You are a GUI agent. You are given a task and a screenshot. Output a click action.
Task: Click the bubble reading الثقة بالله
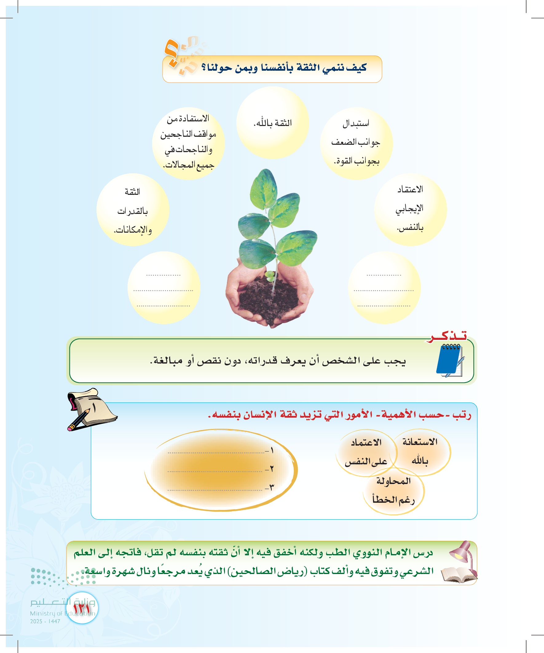273,123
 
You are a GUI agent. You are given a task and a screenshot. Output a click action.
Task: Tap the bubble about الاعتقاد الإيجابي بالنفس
410,210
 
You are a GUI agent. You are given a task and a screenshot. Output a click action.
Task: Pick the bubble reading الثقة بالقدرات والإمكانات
133,210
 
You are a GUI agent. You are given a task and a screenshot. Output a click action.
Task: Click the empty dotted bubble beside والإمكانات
164,288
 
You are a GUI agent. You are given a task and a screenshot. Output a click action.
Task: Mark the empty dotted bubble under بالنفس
384,288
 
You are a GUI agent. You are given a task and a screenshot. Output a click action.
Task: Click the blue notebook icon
450,361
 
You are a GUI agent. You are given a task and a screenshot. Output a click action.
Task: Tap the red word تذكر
447,336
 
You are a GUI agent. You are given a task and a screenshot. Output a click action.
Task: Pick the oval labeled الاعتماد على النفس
366,453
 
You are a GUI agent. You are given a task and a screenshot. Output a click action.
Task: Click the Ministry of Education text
62,613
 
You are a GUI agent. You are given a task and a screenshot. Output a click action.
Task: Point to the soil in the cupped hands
268,295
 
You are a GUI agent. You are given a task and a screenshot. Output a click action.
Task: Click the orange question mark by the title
172,53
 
